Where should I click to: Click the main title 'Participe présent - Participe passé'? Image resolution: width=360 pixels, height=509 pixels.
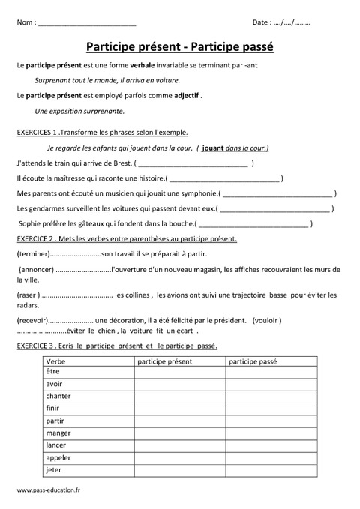pyautogui.click(x=180, y=46)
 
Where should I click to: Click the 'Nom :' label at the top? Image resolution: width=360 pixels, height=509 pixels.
pyautogui.click(x=25, y=22)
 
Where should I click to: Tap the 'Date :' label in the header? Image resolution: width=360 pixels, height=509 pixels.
pyautogui.click(x=262, y=22)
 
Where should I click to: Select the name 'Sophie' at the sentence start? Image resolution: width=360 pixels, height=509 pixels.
pyautogui.click(x=30, y=223)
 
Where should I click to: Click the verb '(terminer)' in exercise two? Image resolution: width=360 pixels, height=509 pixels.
pyautogui.click(x=32, y=255)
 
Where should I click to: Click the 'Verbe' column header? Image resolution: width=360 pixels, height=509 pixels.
pyautogui.click(x=56, y=361)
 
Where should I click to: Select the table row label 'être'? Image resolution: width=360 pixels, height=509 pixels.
pyautogui.click(x=52, y=373)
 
